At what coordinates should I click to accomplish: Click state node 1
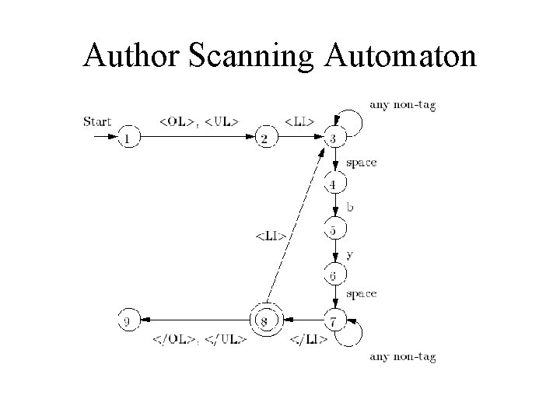pyautogui.click(x=129, y=138)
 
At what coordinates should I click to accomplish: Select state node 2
pyautogui.click(x=265, y=138)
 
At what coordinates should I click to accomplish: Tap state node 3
pyautogui.click(x=334, y=138)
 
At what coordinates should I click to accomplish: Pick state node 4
pyautogui.click(x=334, y=184)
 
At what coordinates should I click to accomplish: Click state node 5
pyautogui.click(x=334, y=231)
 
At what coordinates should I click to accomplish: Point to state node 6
pyautogui.click(x=334, y=276)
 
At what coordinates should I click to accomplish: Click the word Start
pyautogui.click(x=97, y=121)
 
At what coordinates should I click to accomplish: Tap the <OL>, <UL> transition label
pyautogui.click(x=198, y=121)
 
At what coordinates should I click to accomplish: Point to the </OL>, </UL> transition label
pyautogui.click(x=198, y=339)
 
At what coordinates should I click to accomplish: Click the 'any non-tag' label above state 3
pyautogui.click(x=403, y=105)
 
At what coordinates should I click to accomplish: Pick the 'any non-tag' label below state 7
pyautogui.click(x=403, y=357)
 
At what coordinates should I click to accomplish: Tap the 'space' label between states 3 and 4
pyautogui.click(x=361, y=163)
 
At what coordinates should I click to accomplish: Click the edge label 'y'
pyautogui.click(x=349, y=254)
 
